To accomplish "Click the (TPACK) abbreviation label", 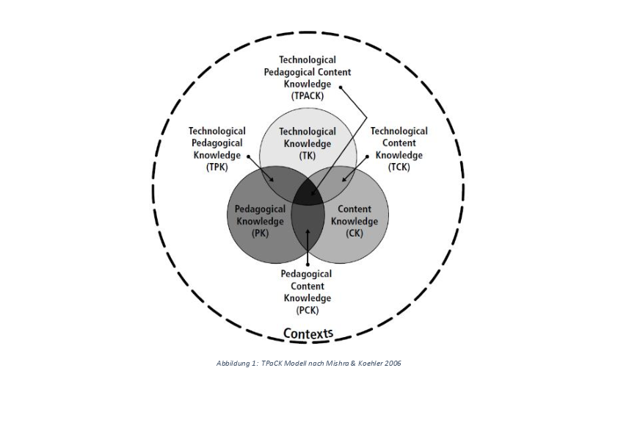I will click(x=308, y=95).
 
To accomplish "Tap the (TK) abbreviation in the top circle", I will click(x=308, y=156).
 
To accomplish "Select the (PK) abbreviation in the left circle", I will click(x=259, y=234).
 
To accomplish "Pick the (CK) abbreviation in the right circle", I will click(x=355, y=234).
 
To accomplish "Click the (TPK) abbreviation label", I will click(x=217, y=167).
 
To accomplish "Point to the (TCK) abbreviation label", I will click(x=399, y=167).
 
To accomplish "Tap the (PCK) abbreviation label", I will click(x=308, y=310).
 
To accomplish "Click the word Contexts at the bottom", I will click(x=308, y=334).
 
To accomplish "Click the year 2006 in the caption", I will click(x=393, y=364).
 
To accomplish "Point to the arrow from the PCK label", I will click(x=308, y=250).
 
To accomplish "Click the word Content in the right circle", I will click(x=355, y=209).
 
